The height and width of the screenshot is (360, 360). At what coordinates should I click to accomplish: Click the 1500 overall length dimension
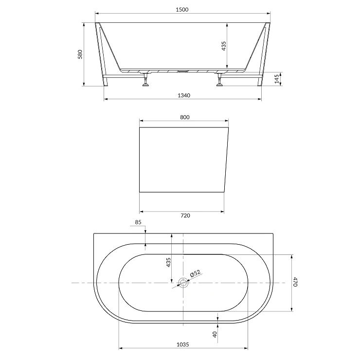[x=182, y=9]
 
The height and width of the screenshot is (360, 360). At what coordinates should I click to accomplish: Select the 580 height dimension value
[x=80, y=54]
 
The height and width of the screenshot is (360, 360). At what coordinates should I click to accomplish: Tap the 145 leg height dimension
[x=277, y=79]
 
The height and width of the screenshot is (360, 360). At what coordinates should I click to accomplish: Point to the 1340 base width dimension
[x=184, y=95]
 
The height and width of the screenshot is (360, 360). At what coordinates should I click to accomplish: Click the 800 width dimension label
[x=185, y=117]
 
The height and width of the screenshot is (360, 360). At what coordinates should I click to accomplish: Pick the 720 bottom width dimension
[x=185, y=216]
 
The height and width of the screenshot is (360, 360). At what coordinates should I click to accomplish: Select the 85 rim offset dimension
[x=138, y=222]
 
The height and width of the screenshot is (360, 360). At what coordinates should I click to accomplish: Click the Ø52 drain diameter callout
[x=195, y=273]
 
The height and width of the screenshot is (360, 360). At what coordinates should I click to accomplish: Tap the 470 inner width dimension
[x=295, y=282]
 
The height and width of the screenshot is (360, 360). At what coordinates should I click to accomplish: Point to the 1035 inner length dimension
[x=183, y=344]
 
